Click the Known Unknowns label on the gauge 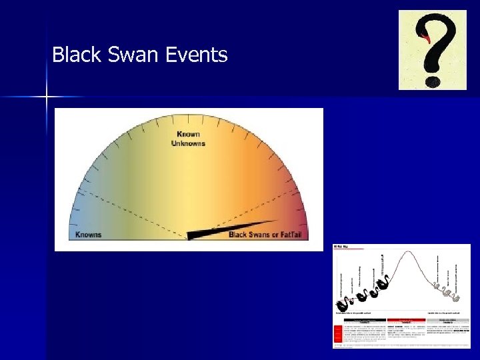pos(188,139)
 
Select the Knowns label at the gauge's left pos(89,235)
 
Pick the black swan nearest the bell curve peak pos(383,287)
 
